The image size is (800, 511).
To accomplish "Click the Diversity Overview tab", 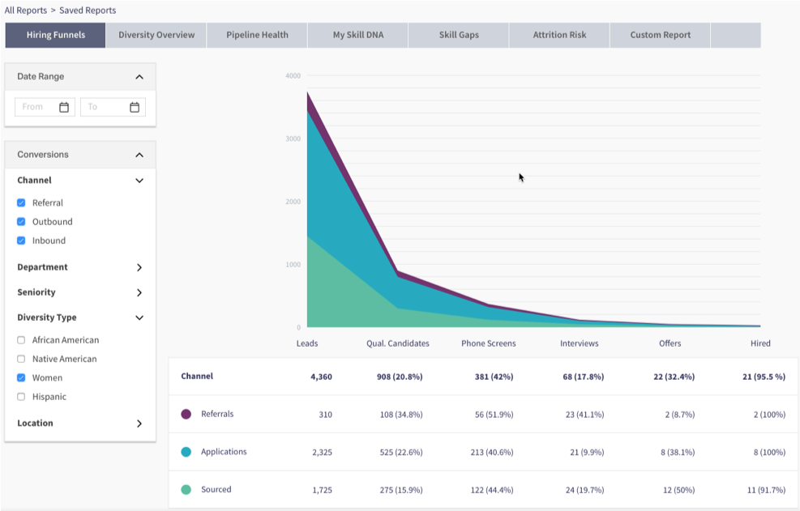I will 156,35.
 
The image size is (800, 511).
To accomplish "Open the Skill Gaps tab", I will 459,35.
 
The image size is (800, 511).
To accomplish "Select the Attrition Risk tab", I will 559,35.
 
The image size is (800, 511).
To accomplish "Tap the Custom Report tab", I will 661,35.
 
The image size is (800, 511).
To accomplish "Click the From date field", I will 36,107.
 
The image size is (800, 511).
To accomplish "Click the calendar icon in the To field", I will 135,107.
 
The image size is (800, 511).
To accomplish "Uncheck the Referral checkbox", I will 21,203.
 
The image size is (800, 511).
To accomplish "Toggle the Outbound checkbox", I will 21,222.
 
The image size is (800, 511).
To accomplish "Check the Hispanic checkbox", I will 21,397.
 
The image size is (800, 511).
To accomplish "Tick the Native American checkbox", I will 21,359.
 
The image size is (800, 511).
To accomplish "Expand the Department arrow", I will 139,267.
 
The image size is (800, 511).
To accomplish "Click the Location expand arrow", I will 139,424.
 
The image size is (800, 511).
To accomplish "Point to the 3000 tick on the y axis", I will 293,138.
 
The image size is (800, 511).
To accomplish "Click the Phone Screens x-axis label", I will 488,343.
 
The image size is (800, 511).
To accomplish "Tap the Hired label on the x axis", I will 760,343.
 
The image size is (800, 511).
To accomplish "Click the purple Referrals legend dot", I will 186,414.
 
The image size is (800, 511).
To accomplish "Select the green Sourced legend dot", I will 186,490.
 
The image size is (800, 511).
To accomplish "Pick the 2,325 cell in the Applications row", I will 320,452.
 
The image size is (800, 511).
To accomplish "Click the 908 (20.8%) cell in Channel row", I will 398,377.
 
